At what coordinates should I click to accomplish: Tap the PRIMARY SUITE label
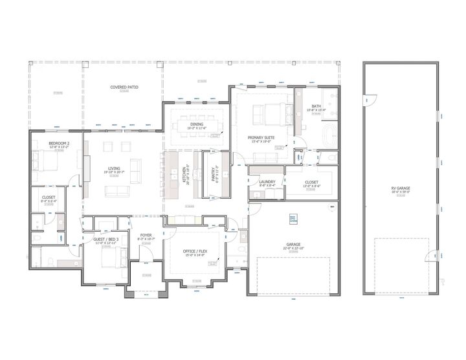pos(262,137)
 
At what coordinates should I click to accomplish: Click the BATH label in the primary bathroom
pos(316,106)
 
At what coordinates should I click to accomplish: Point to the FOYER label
pos(146,236)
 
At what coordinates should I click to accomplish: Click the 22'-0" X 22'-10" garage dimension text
pos(293,248)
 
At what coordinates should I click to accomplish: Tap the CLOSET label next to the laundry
pos(311,182)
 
